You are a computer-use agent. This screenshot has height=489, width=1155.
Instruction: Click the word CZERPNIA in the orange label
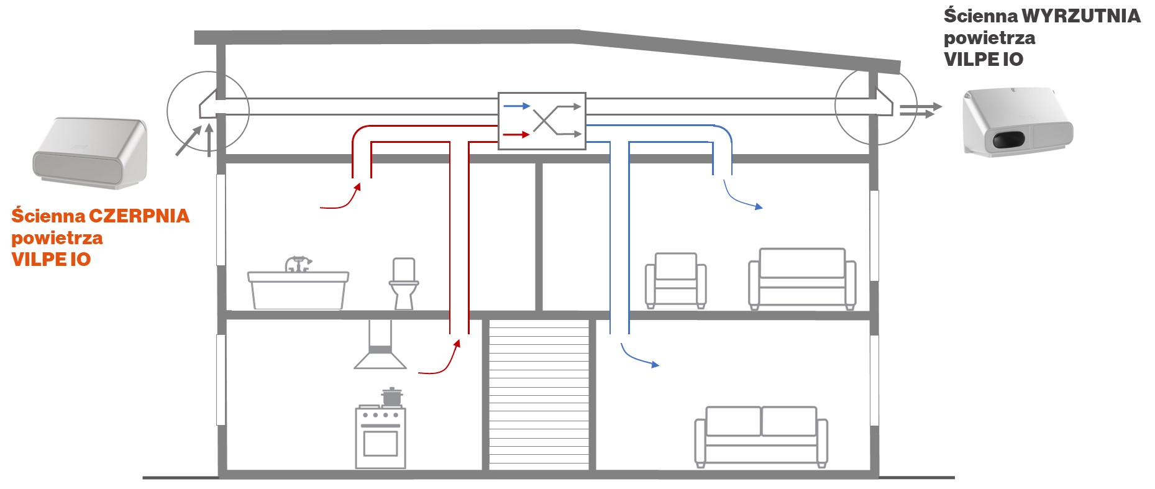(139, 216)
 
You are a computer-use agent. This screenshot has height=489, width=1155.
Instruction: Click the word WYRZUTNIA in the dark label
(1081, 16)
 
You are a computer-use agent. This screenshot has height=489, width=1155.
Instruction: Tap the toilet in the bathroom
(404, 284)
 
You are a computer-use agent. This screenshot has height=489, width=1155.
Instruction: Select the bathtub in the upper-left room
(298, 290)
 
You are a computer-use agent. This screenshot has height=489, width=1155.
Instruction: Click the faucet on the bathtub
(298, 263)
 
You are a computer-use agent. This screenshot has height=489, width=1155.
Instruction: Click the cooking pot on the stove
(391, 396)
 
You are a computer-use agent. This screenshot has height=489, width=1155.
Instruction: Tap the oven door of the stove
(380, 443)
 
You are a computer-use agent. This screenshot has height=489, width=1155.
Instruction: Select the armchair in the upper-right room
(675, 280)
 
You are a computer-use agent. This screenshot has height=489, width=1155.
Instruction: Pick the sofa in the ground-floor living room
(761, 436)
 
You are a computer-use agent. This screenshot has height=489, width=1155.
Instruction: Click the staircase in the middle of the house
(539, 395)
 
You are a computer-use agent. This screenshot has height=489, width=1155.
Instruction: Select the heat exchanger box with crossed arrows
(542, 121)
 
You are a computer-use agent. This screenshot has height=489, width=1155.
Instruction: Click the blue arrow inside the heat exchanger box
(516, 106)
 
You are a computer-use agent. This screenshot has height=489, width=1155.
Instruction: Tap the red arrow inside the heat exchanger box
(516, 134)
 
